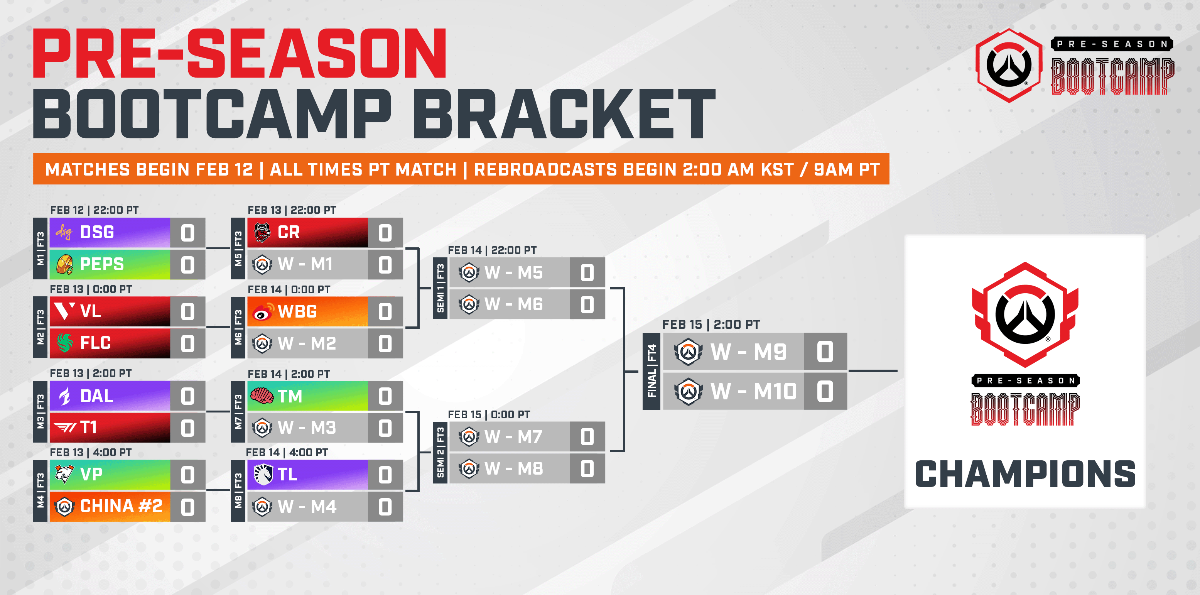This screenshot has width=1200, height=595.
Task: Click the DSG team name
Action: [x=97, y=232]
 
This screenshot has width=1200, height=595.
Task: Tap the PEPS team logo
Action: [x=65, y=264]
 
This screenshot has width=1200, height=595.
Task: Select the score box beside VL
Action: [x=188, y=312]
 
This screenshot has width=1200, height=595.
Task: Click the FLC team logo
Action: [x=65, y=343]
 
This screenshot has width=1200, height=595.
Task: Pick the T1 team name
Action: [x=88, y=427]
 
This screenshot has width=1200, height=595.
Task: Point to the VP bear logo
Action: [x=64, y=474]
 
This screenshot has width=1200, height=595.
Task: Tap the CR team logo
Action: [x=262, y=232]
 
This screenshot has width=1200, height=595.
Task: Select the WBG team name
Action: [x=297, y=311]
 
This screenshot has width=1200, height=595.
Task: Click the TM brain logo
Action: [x=262, y=396]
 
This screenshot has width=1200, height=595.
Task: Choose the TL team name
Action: [x=287, y=474]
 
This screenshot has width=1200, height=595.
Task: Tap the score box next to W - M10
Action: [x=825, y=391]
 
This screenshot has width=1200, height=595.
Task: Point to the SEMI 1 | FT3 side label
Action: [x=440, y=288]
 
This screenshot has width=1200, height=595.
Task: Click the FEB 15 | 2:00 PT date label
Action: [x=711, y=324]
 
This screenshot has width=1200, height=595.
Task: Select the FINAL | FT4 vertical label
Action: [x=651, y=371]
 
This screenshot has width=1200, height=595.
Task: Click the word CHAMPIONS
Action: [x=1025, y=474]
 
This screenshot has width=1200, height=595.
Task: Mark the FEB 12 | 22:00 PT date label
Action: [x=94, y=210]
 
